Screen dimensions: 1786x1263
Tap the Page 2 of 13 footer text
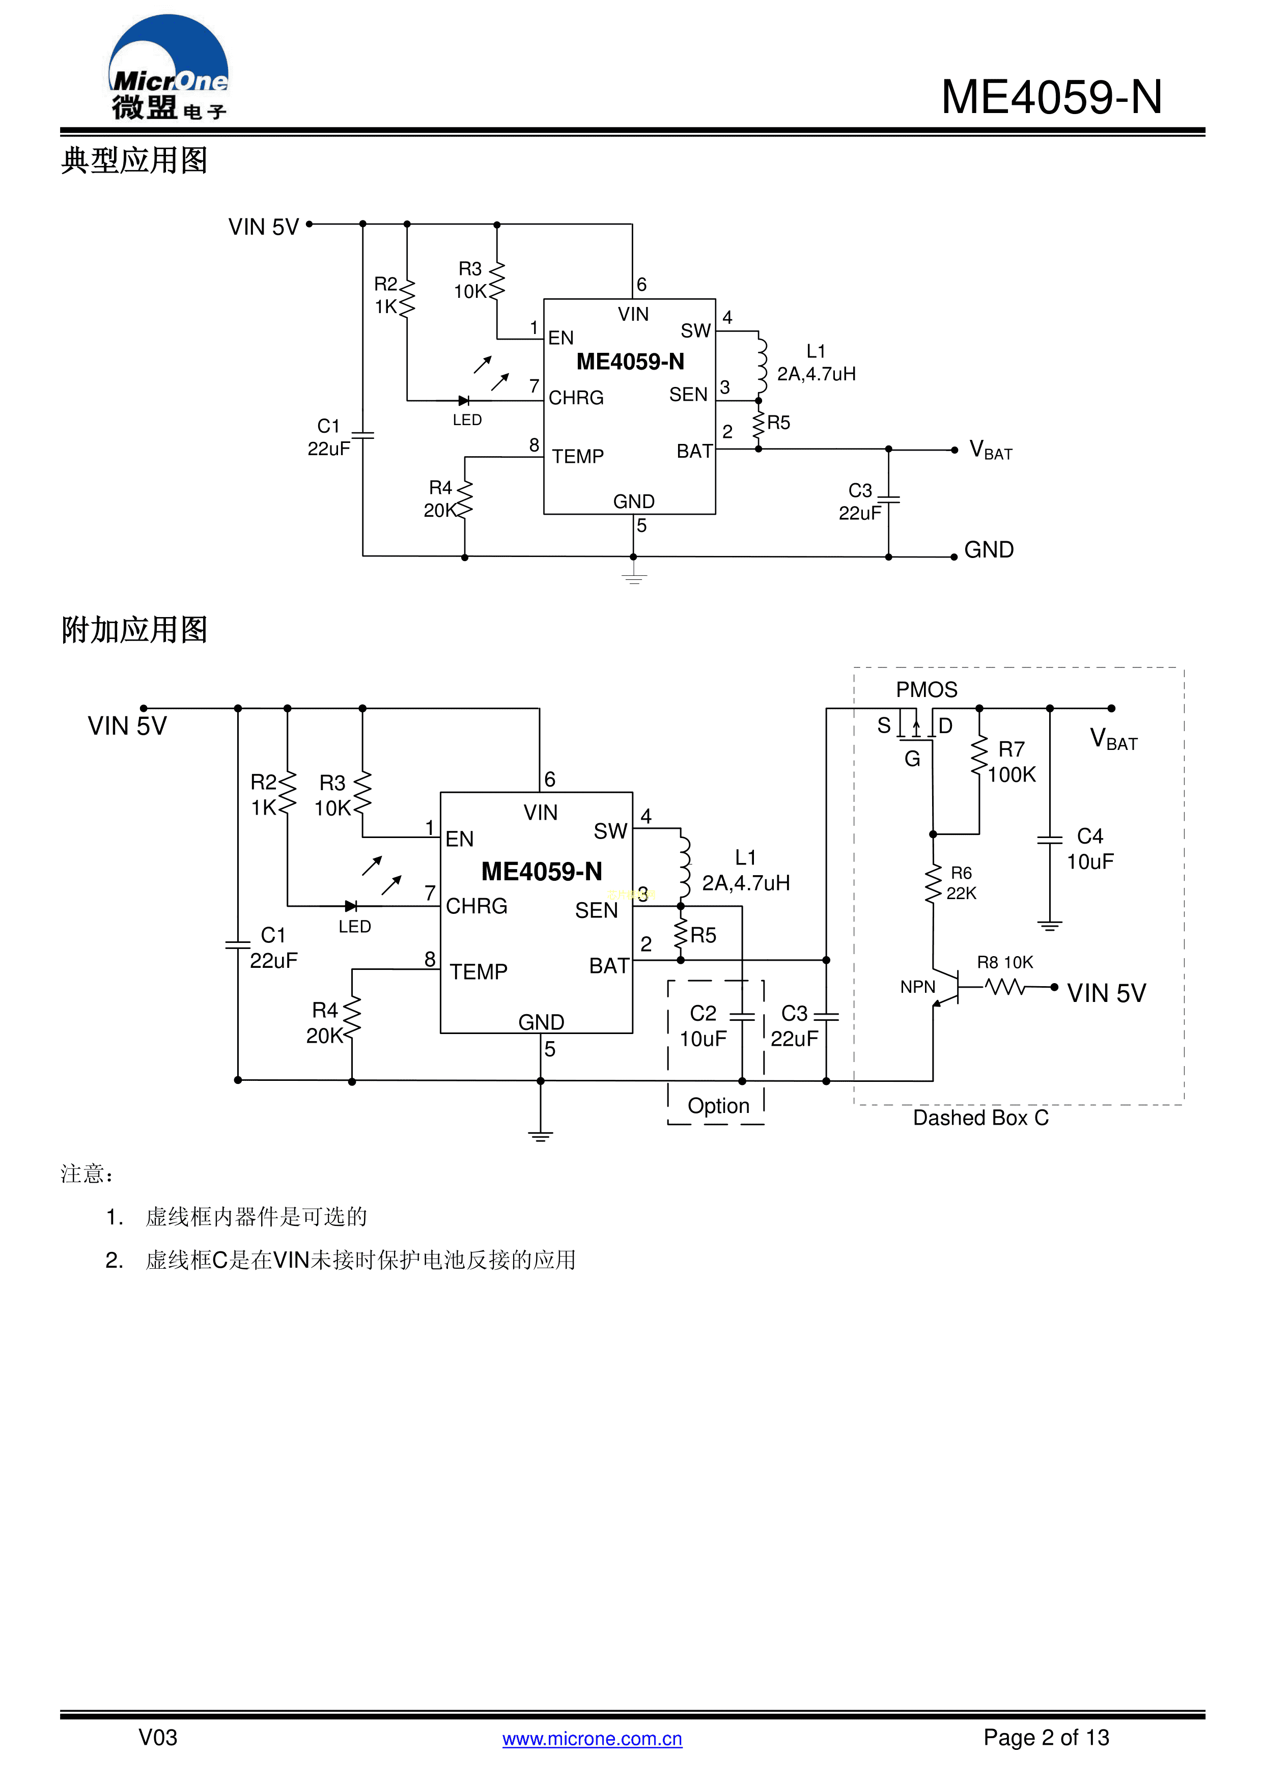point(1046,1737)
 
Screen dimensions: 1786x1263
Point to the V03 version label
point(158,1737)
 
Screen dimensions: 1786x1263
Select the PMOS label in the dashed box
point(927,690)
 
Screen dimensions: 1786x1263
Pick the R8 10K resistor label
point(1005,962)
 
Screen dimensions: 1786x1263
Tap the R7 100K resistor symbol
point(979,756)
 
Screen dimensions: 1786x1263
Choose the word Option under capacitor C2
point(719,1105)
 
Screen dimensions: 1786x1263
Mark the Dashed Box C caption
point(980,1118)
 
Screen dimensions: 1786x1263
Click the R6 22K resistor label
point(961,883)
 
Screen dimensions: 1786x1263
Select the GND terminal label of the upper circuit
point(989,550)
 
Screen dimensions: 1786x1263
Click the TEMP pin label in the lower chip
point(479,971)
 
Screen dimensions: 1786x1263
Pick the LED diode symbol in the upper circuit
point(464,401)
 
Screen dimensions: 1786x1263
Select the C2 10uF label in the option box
point(703,1026)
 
